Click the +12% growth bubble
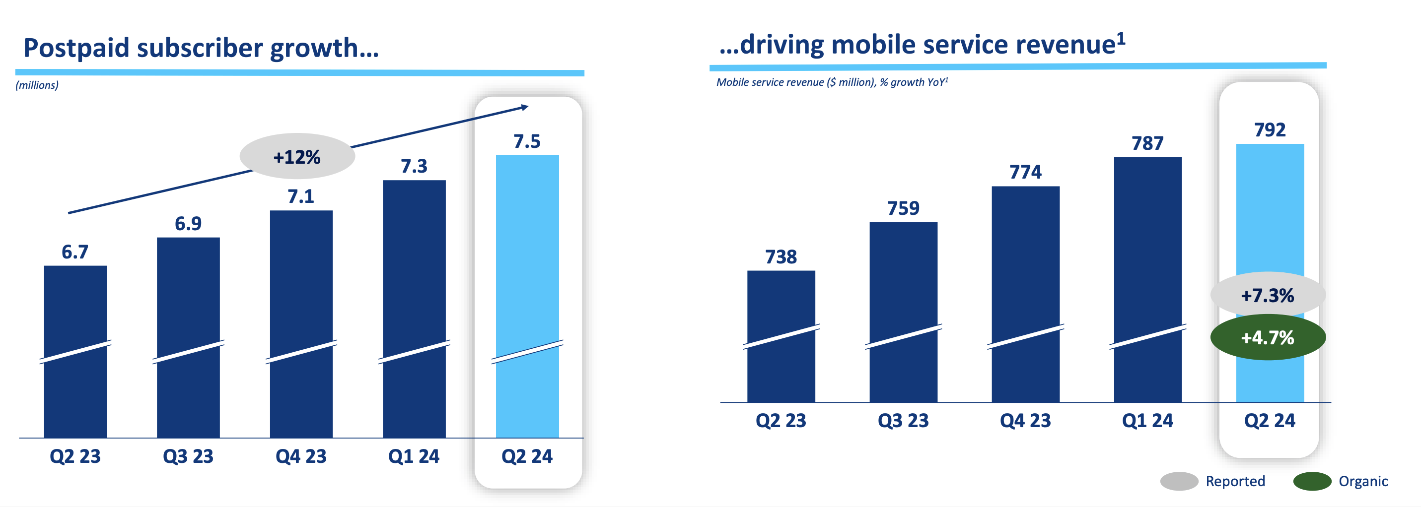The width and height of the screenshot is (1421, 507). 297,156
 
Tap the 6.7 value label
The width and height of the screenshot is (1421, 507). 74,252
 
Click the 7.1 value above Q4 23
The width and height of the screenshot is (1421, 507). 301,196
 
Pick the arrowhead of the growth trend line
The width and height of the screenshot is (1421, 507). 525,107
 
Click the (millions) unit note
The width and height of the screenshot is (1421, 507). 37,85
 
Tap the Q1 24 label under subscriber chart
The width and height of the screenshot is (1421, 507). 414,456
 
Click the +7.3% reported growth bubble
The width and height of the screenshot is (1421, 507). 1267,295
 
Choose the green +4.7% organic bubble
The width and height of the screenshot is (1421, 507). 1267,337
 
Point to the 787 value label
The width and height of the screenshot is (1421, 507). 1147,143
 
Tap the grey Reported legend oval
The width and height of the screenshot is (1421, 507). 1179,481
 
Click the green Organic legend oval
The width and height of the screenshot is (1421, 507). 1312,481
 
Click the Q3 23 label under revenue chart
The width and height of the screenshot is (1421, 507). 903,421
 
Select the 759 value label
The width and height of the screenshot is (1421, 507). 903,208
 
